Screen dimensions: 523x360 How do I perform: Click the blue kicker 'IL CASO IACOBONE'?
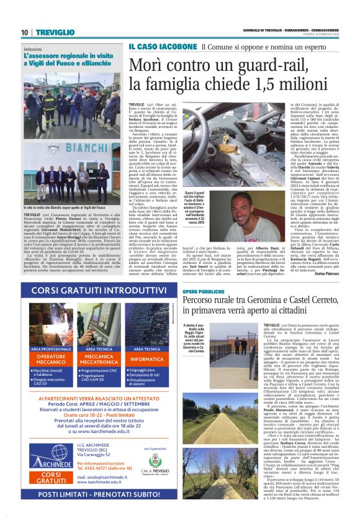click(x=153, y=47)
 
